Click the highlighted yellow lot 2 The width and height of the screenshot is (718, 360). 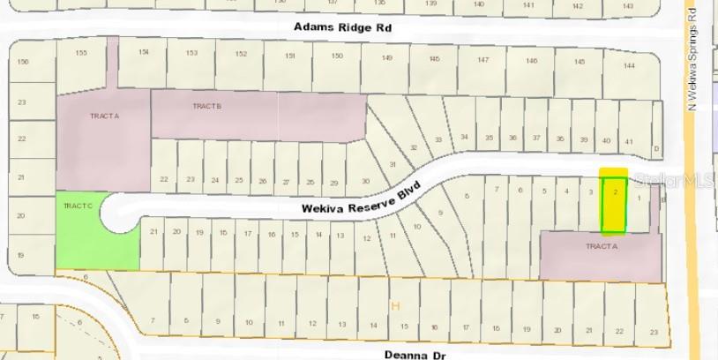click(614, 201)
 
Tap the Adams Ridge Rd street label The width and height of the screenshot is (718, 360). click(343, 28)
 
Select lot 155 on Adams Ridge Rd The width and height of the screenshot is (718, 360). click(82, 53)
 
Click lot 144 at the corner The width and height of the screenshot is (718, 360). click(628, 66)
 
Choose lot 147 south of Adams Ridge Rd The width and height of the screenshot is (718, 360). click(482, 60)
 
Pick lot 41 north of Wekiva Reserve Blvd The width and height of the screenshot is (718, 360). click(628, 141)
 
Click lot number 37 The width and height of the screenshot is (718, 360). click(535, 138)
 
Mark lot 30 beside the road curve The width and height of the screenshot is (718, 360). click(364, 181)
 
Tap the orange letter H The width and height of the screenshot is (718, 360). click(395, 305)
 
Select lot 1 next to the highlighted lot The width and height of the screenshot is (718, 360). click(639, 198)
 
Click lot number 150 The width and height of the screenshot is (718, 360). click(337, 56)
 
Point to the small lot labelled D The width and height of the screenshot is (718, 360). click(655, 148)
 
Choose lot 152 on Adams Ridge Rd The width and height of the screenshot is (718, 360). click(241, 55)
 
